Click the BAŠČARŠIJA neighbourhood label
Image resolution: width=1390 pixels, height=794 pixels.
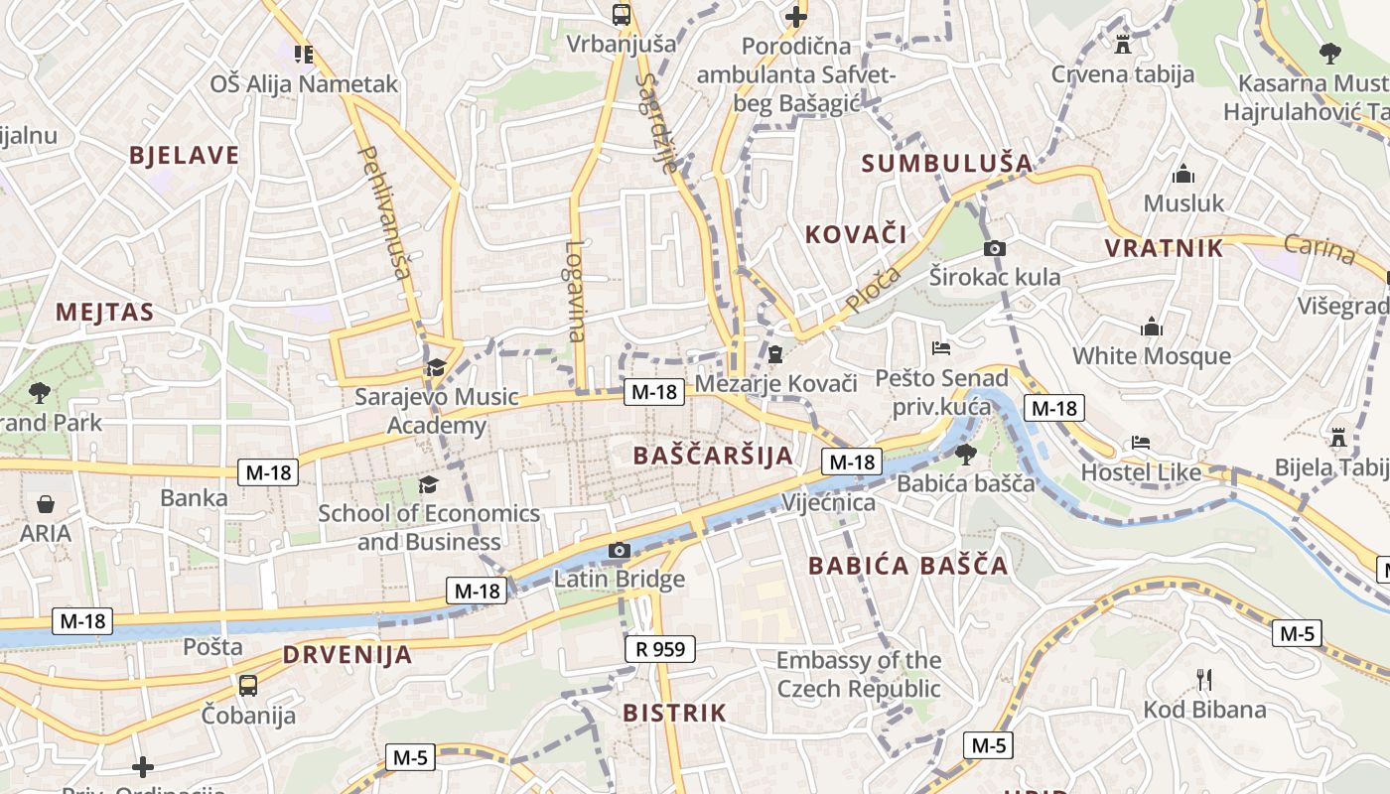tap(713, 456)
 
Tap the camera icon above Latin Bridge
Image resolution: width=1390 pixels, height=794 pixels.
tap(620, 550)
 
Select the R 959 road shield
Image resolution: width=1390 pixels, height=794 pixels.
tap(660, 649)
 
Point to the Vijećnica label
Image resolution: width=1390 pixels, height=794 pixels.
tap(828, 502)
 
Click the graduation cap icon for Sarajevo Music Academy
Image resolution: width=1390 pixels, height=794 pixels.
tap(435, 368)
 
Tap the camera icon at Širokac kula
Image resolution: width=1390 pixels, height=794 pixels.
tap(994, 248)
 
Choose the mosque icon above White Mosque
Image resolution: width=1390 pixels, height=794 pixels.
tap(1152, 327)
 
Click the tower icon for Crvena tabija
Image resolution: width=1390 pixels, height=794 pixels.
tap(1123, 44)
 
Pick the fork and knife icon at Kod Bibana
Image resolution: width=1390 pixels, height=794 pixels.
tap(1204, 680)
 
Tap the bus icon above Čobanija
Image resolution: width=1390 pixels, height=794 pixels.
tap(248, 685)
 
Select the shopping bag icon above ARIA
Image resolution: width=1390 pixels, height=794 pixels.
tap(46, 504)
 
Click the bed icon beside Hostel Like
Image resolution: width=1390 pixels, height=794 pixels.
tap(1141, 442)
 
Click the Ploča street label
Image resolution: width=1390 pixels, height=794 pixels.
tap(874, 289)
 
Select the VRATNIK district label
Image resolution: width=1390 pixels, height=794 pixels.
tap(1165, 247)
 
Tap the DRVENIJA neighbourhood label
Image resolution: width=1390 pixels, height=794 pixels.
tap(347, 654)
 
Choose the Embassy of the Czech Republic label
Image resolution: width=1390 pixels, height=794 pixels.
tap(859, 674)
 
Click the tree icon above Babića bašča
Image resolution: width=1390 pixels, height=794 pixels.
tap(965, 455)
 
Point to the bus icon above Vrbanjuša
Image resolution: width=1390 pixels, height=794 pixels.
tap(622, 14)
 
